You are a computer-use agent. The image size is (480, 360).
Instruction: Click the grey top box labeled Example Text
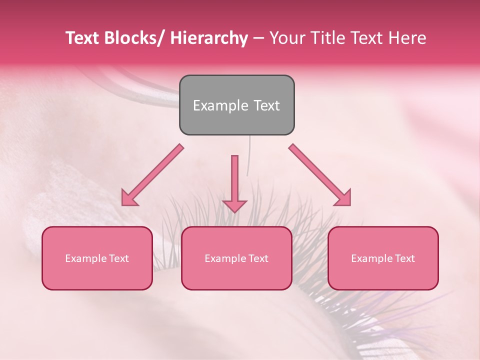236,105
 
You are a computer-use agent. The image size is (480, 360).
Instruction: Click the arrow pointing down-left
152,175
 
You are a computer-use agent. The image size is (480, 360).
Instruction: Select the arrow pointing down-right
320,175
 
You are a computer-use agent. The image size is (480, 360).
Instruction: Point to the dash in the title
258,38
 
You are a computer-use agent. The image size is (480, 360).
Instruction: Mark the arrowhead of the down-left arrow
129,198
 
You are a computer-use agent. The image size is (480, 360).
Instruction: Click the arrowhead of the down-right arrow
343,198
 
